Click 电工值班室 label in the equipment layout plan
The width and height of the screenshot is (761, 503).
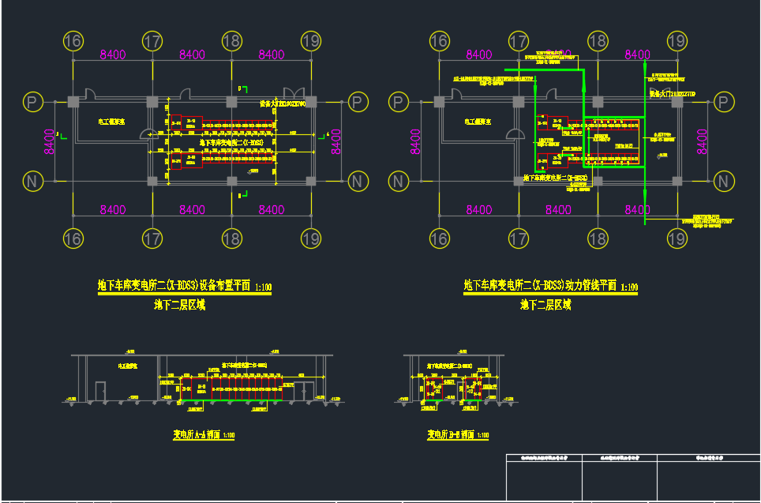tap(111, 122)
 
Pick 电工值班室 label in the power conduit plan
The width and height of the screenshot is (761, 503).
tap(478, 122)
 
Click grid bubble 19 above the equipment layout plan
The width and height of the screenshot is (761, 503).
tap(311, 41)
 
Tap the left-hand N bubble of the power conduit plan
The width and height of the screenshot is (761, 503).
tap(399, 182)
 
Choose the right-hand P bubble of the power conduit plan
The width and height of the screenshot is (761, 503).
tap(723, 102)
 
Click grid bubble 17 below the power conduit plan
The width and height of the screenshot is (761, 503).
tap(519, 238)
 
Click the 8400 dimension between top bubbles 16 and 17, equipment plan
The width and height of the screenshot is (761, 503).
tap(113, 54)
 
